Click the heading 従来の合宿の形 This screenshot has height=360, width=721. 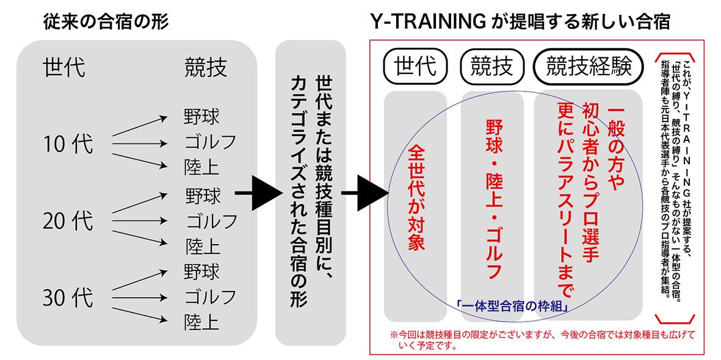(x=106, y=21)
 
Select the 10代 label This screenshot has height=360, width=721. (x=68, y=145)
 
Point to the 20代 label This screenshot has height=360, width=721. (x=68, y=221)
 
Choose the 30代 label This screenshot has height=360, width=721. (x=68, y=298)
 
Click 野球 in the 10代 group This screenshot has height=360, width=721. (x=202, y=116)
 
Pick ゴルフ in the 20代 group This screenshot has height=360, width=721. (x=211, y=221)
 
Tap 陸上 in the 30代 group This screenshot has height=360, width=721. (x=202, y=322)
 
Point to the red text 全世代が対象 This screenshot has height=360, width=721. (x=416, y=199)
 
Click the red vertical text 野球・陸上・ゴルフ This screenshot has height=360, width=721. (x=493, y=199)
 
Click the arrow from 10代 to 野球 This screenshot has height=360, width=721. (x=140, y=126)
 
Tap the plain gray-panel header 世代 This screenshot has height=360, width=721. (x=64, y=68)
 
